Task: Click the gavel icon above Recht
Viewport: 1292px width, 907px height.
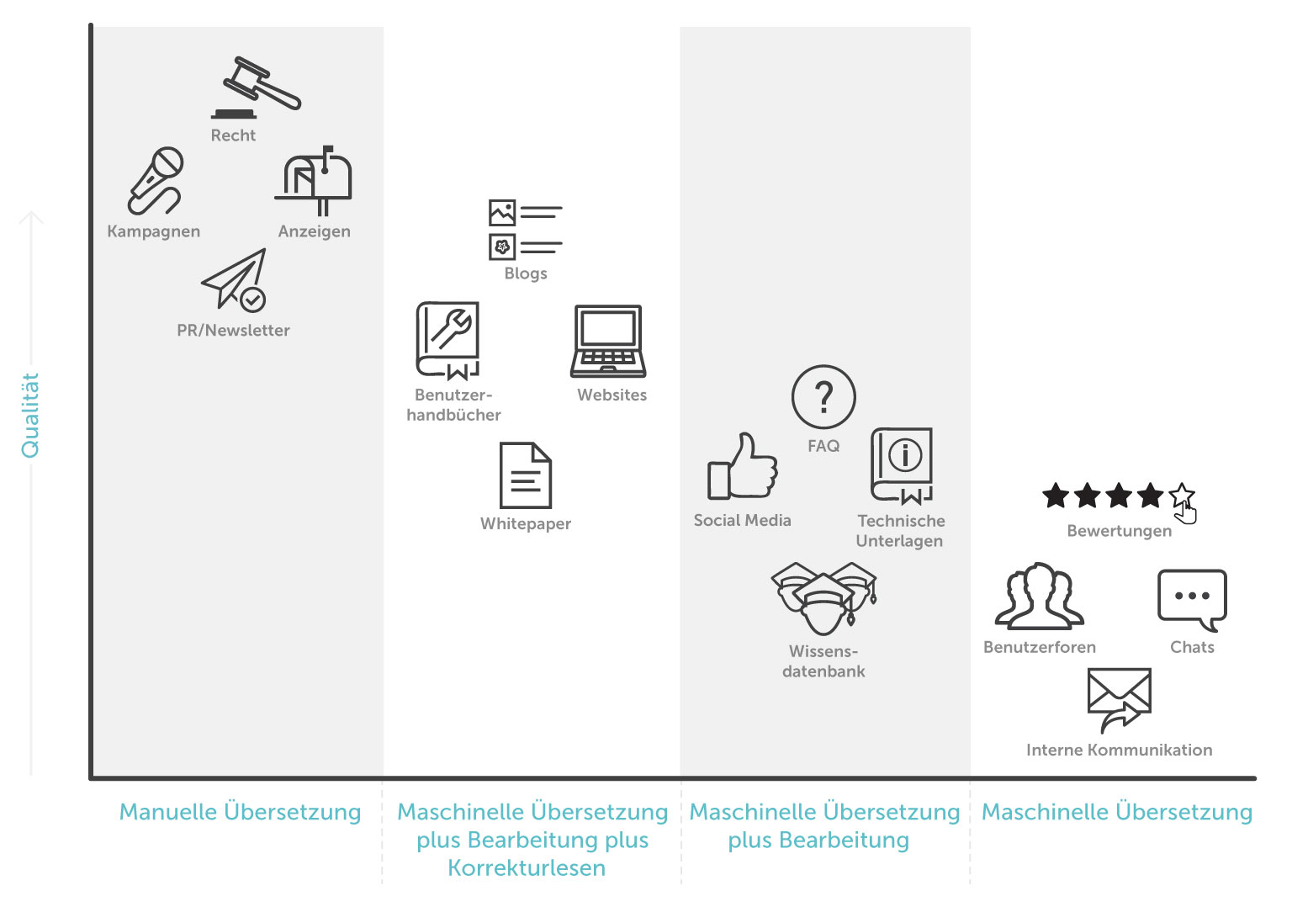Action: (x=257, y=87)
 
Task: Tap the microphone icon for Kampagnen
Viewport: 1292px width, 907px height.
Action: (x=156, y=180)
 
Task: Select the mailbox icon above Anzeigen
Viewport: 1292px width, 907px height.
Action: (x=315, y=179)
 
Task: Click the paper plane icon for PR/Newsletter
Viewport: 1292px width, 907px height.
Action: (x=235, y=280)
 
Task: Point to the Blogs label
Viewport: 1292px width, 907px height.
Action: (x=526, y=273)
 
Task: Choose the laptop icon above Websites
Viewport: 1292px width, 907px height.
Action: (x=608, y=341)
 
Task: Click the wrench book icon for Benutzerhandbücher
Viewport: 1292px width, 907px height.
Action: (x=447, y=340)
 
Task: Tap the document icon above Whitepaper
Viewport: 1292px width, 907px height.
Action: (x=526, y=475)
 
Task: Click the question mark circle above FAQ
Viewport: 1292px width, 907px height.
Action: (x=823, y=397)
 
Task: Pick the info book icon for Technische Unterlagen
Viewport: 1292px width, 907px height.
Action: (x=902, y=465)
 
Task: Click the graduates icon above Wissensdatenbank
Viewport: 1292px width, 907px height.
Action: (x=823, y=597)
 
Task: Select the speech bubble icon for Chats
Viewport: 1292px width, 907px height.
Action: (x=1192, y=598)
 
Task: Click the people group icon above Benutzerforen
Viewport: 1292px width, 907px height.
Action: (x=1040, y=597)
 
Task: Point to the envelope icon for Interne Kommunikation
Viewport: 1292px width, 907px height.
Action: (x=1119, y=698)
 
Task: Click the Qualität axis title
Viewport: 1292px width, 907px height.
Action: (x=30, y=415)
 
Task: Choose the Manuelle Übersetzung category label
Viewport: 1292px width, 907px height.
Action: (x=240, y=812)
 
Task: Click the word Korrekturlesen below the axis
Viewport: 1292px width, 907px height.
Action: (x=527, y=868)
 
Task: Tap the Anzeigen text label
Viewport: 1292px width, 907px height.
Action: (x=315, y=231)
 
